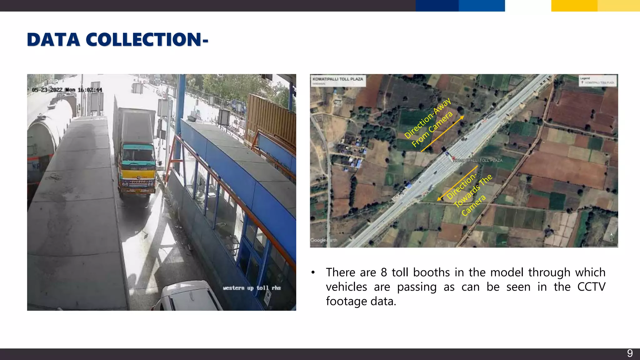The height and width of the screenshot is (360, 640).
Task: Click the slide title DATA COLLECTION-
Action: point(117,40)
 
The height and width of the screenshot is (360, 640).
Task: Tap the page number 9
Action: point(630,353)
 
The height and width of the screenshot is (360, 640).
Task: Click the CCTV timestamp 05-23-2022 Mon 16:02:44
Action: point(67,90)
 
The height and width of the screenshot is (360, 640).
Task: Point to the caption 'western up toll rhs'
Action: point(252,288)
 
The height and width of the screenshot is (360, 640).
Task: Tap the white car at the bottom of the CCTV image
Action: point(187,297)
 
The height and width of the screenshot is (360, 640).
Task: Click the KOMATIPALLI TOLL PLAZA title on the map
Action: point(338,79)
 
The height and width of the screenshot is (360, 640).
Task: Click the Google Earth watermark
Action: point(323,240)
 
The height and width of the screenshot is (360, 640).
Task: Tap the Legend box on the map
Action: point(597,81)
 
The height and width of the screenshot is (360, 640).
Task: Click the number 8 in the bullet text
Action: point(384,272)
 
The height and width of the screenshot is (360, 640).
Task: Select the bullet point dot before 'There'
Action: point(313,273)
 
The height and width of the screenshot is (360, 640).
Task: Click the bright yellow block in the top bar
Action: point(574,6)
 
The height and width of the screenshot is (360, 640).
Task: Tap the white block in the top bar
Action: point(528,6)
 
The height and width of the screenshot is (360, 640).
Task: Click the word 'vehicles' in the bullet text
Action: point(346,287)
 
